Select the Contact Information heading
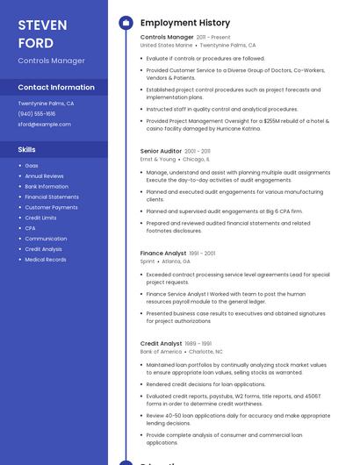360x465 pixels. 56,87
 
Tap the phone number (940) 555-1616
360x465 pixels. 37,114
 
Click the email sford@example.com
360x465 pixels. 44,125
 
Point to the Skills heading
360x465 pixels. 27,149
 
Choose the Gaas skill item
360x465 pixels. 32,166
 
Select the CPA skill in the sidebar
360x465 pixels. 31,228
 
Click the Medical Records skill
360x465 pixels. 46,260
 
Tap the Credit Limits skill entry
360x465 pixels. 40,218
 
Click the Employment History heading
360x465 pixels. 185,23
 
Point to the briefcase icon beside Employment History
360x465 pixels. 126,23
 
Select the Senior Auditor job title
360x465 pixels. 162,151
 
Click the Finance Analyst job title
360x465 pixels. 163,254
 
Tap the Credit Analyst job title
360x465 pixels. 162,344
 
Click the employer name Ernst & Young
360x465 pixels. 158,160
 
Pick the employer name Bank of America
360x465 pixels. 162,352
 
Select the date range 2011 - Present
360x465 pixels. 213,38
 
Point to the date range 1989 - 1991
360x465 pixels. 198,344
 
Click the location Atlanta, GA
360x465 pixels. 176,261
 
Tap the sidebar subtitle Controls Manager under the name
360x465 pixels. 52,61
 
